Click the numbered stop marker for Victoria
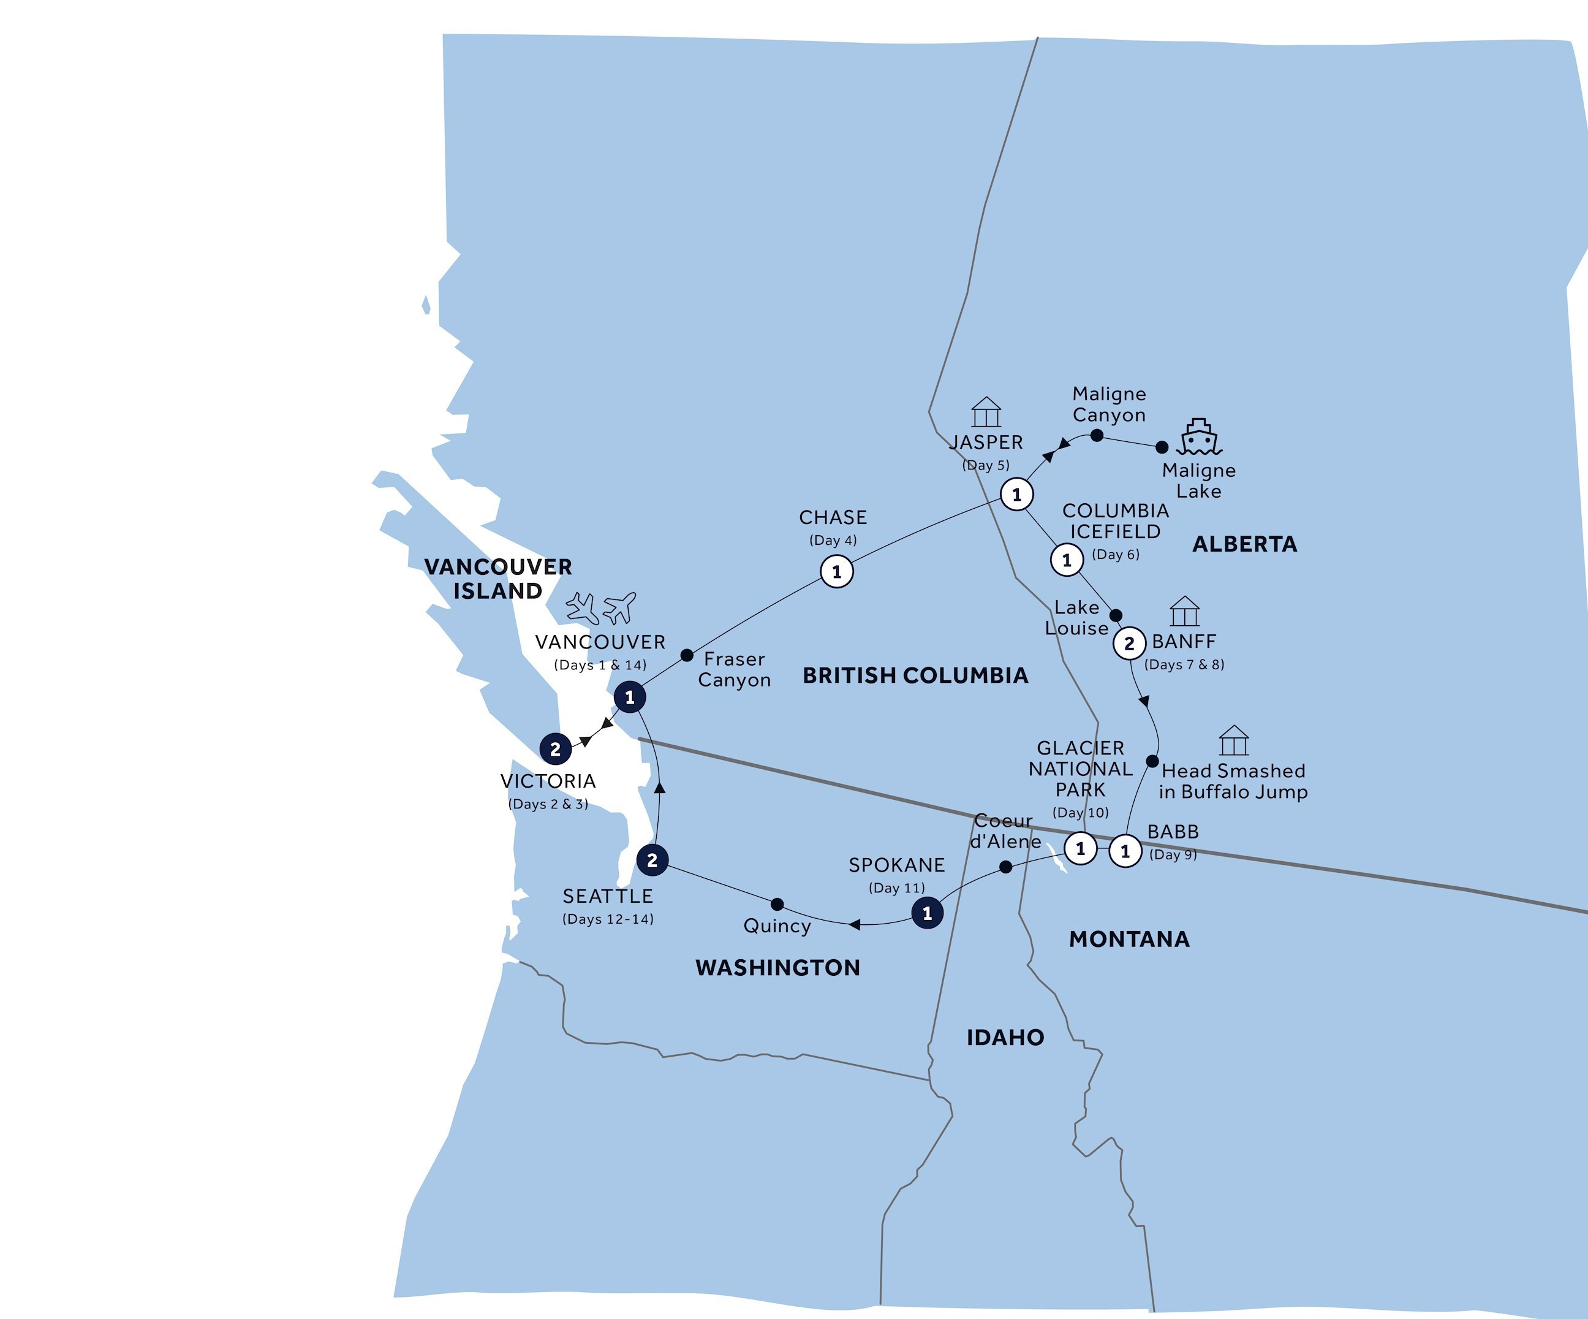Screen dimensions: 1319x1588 click(555, 749)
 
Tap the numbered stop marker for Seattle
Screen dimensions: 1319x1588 click(652, 860)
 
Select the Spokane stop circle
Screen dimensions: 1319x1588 click(927, 913)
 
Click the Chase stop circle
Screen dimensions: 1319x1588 click(836, 572)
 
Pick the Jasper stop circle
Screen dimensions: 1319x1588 click(1016, 495)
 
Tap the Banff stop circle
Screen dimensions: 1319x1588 click(1129, 644)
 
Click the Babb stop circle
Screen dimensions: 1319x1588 click(1125, 851)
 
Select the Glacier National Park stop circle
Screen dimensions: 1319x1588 click(1080, 848)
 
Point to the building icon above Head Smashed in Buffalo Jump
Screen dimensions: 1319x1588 click(1233, 740)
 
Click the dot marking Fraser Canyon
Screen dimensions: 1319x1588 click(687, 655)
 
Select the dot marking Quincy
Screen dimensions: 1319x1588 click(777, 904)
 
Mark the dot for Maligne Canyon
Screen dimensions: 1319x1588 click(1097, 436)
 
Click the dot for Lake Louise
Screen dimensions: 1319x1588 click(1116, 615)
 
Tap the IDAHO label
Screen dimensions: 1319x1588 click(1005, 1037)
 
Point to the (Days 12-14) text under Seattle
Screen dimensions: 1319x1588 click(608, 919)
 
